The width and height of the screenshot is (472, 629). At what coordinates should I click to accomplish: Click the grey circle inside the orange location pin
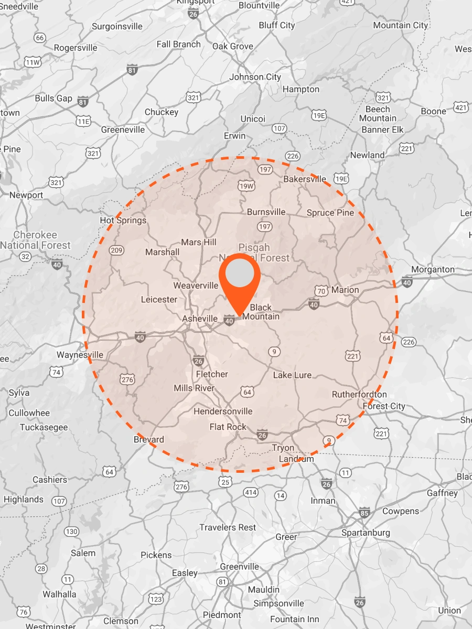pos(239,274)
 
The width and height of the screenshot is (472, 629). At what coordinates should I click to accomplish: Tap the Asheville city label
pos(200,319)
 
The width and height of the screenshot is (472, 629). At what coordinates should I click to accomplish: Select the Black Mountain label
pos(261,312)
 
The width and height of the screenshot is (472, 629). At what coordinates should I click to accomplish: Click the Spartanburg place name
pos(366,533)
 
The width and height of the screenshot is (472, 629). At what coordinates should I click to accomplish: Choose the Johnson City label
pos(255,77)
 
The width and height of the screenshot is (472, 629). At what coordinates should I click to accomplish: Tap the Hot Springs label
pos(123,220)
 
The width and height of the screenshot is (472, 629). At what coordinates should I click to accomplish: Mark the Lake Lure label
pos(292,375)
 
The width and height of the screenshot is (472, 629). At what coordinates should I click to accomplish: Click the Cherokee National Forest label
pos(35,240)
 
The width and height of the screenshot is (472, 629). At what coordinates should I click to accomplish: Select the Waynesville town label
pos(80,355)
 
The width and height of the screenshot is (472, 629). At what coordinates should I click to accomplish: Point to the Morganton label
pos(433,269)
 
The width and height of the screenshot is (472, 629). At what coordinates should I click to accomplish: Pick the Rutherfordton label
pos(359,394)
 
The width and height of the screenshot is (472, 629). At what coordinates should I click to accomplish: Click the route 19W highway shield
pos(246,186)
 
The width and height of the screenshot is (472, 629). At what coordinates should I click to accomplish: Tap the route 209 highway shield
pos(116,251)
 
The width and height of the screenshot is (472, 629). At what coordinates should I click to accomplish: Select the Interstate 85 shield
pos(364,512)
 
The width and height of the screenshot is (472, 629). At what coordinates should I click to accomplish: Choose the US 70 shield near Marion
pos(321,291)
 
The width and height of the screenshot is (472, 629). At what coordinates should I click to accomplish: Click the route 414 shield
pos(251,492)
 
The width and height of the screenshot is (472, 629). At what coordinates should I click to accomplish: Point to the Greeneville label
pos(123,129)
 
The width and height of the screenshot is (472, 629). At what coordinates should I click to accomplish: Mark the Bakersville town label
pos(305,179)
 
